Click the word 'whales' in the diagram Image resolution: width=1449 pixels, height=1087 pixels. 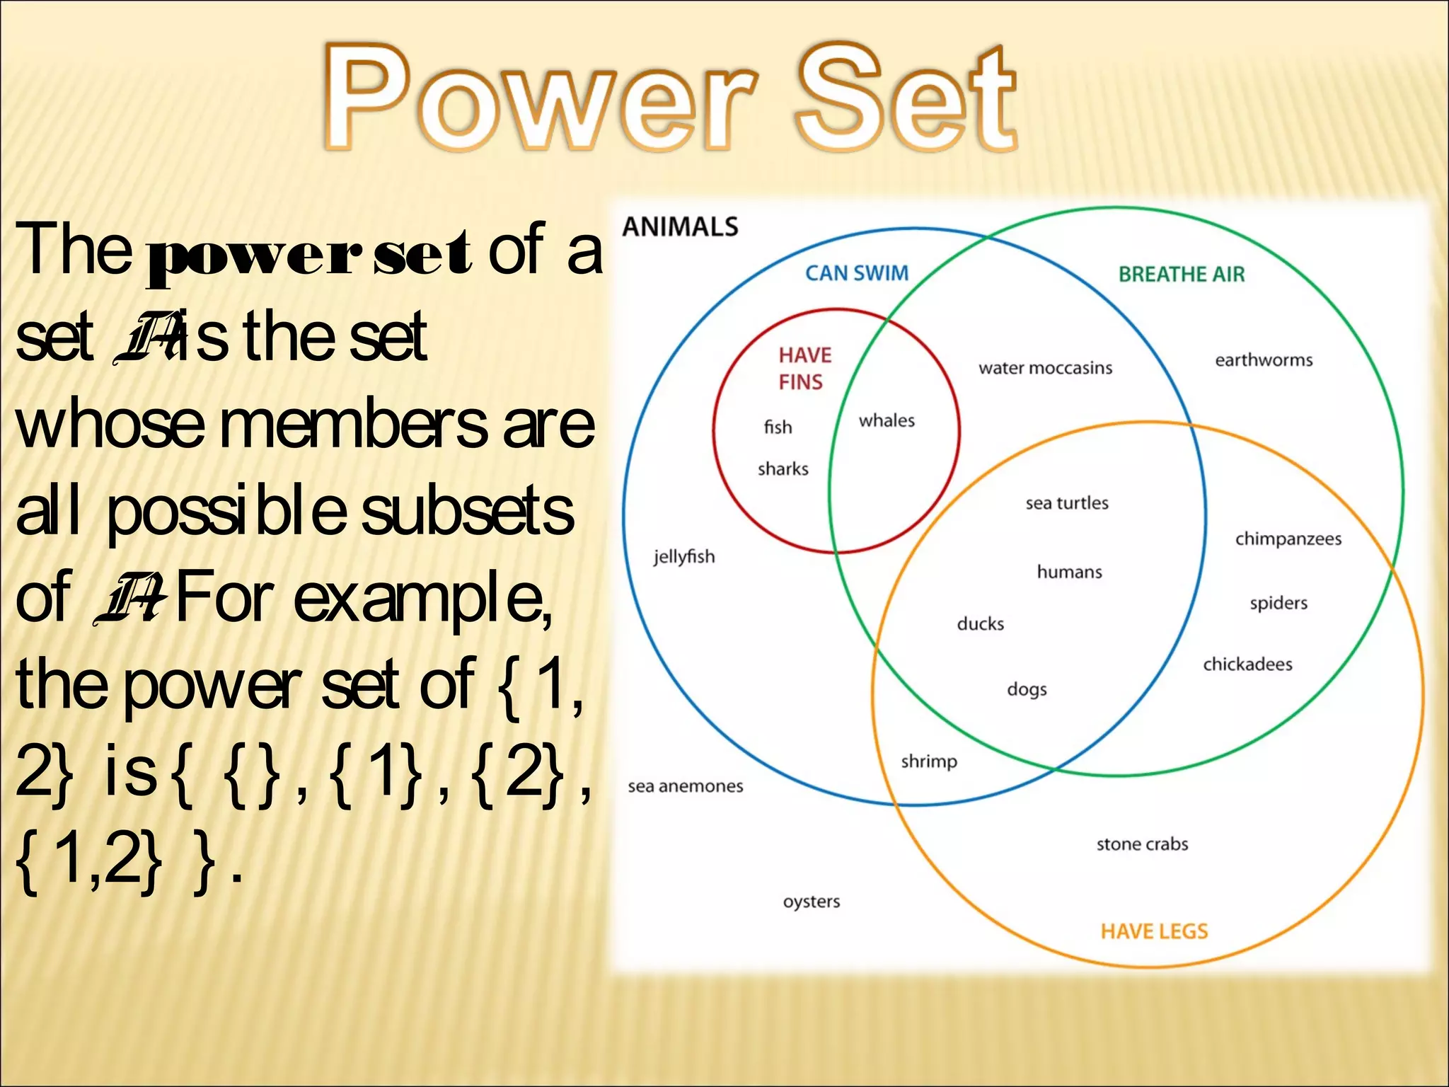coord(887,420)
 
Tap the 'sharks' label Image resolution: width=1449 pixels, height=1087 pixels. coord(783,468)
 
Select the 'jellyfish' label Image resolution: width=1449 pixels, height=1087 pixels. coord(684,557)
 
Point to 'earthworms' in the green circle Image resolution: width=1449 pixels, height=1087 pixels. coord(1264,360)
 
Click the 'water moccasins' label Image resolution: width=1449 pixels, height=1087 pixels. coord(1045,368)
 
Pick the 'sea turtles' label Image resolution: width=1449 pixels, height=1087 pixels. coord(1067,503)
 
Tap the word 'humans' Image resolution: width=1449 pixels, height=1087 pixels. coord(1069,572)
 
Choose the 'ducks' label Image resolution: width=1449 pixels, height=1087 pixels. coord(980,623)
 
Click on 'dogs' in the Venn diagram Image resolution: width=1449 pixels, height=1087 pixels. coord(1027,689)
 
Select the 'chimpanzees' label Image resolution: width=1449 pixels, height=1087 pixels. coord(1288,539)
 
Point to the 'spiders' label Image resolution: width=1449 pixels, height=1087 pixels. coord(1278,603)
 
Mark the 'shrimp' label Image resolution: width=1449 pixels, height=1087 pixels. coord(929,761)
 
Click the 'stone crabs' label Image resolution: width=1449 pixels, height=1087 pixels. coord(1142,844)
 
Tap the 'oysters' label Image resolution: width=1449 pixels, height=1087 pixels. coord(812,902)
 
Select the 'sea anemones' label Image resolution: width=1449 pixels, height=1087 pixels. coord(686,786)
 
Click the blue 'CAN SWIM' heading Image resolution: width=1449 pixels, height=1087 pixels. coord(857,273)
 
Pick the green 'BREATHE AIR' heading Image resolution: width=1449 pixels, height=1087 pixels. coord(1181,275)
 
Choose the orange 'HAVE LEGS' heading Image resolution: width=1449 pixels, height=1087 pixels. coord(1154,931)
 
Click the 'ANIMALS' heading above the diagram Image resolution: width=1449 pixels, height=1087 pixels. coord(680,227)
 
